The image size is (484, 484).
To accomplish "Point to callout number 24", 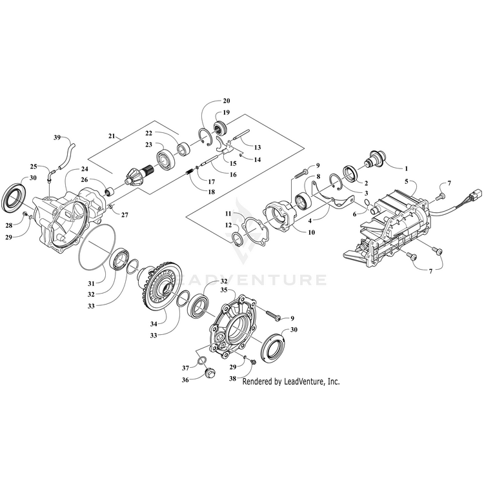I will click(x=85, y=170).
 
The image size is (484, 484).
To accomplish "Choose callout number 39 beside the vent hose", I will click(x=57, y=138).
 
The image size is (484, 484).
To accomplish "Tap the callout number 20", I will click(x=226, y=101).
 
